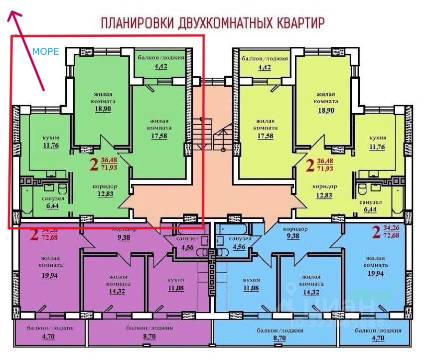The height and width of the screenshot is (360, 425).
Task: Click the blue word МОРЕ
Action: coord(45,51)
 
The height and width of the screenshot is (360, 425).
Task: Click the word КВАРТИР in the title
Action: coord(299,23)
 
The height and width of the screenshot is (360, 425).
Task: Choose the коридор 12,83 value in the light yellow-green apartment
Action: coord(325,195)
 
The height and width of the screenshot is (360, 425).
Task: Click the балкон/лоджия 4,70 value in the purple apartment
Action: coord(51,338)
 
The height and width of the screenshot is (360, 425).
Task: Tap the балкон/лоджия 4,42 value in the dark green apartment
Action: coord(161,66)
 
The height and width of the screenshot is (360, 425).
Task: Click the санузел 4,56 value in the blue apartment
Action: coord(243,247)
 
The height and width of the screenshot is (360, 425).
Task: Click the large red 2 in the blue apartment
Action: coord(377,233)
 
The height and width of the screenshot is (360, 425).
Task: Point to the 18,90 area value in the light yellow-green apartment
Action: coord(326,110)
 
